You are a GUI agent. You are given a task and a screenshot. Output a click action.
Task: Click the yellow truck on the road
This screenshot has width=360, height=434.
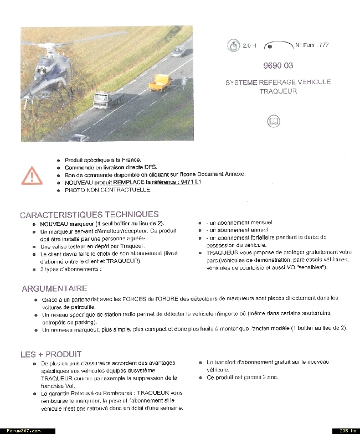(160, 82)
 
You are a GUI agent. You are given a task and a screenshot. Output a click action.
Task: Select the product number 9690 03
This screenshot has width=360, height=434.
(278, 65)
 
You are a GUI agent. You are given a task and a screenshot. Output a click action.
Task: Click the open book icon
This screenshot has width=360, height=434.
(274, 121)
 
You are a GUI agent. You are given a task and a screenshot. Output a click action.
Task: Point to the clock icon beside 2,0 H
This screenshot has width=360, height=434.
(233, 45)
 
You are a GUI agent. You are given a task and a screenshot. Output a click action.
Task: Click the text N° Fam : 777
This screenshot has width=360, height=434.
(312, 45)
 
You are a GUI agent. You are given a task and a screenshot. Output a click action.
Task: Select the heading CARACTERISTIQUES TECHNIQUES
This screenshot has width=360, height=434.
(89, 214)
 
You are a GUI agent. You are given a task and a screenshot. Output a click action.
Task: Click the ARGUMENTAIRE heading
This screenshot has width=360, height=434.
(54, 288)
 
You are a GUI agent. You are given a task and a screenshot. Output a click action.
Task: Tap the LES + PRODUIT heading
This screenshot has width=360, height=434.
(51, 354)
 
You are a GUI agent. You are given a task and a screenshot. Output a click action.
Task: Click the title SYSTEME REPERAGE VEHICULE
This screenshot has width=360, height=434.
(278, 82)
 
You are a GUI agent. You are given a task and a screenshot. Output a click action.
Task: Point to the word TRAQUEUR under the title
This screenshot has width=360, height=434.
(278, 91)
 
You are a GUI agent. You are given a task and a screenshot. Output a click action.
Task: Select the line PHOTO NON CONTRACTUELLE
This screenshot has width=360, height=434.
(108, 190)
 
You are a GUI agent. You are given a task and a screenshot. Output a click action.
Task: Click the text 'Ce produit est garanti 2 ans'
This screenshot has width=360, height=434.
(243, 378)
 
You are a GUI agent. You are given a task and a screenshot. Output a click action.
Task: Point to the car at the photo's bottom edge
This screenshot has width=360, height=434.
(79, 138)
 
